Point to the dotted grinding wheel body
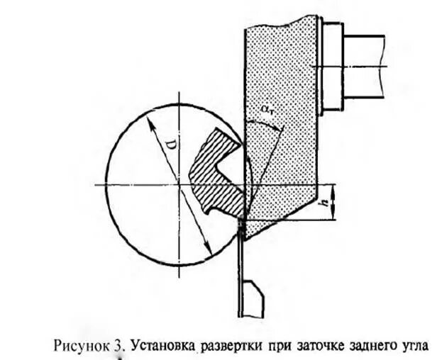point(280,78)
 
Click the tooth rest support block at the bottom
point(254,298)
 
